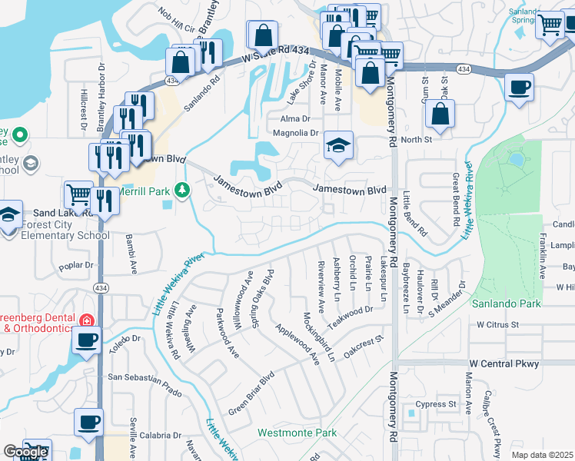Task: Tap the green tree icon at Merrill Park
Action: click(182, 189)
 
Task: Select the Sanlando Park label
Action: click(508, 304)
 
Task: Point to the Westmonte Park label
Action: click(297, 433)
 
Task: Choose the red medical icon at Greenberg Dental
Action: click(88, 319)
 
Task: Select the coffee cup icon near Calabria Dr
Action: click(88, 422)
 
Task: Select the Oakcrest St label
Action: click(364, 340)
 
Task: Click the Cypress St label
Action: click(436, 404)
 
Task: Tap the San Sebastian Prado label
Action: click(144, 378)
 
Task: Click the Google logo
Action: click(25, 452)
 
